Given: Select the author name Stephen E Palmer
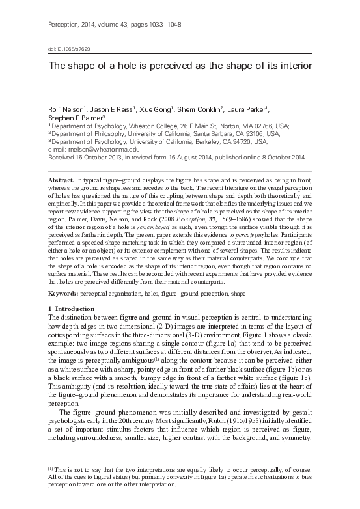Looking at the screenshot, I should pyautogui.click(x=76, y=118).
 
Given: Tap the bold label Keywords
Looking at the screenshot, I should pyautogui.click(x=65, y=294).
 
